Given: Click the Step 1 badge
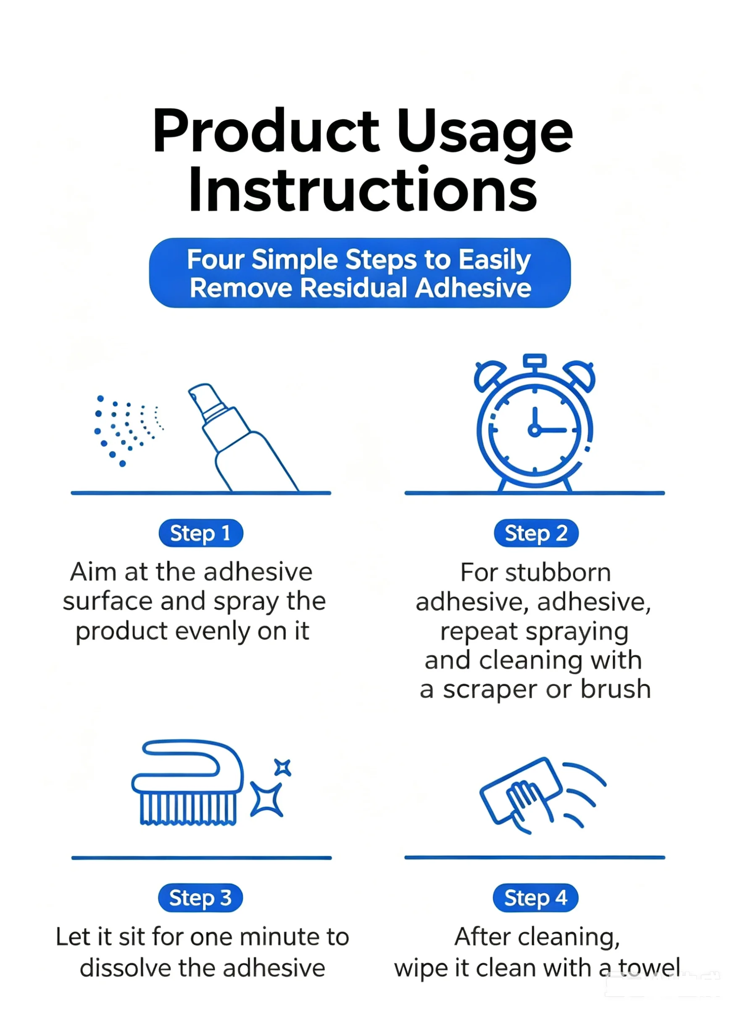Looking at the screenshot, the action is tap(201, 533).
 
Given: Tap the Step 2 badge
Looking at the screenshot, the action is tap(536, 533).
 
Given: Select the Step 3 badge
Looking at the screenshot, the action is tap(200, 897).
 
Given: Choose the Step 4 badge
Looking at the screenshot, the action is tap(535, 897).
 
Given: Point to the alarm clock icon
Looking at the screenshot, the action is tap(535, 423).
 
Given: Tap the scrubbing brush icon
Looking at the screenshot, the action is tap(188, 783).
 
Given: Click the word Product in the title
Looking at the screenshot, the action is tap(266, 132).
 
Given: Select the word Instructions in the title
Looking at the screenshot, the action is tap(363, 189).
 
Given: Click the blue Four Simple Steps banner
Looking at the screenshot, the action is tap(360, 273).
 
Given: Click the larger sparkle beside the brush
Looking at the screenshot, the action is tap(267, 799).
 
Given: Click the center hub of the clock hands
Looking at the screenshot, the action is tap(535, 430).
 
